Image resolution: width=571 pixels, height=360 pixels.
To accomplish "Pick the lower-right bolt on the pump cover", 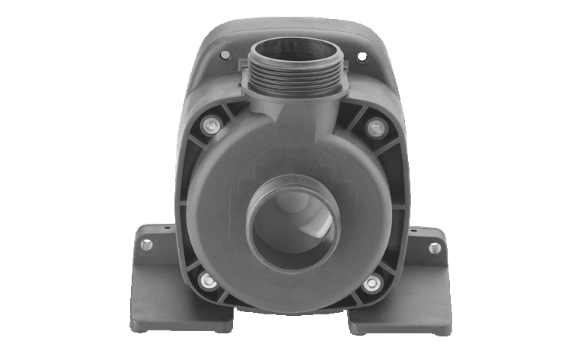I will click(372, 283).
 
